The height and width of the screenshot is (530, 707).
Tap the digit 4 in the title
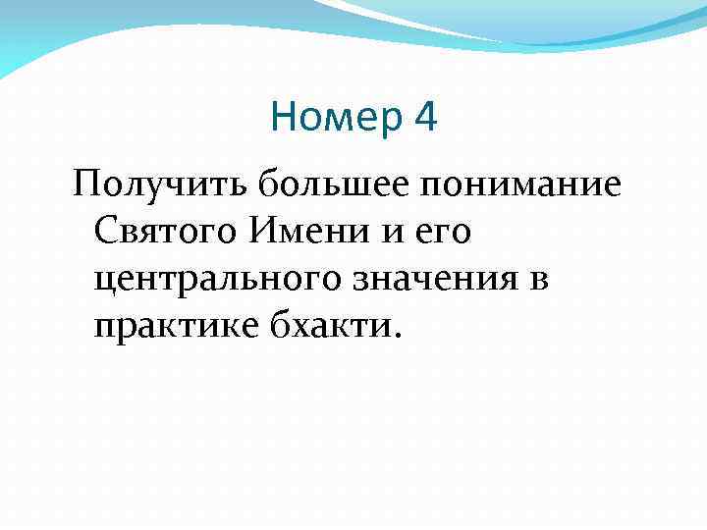tap(426, 119)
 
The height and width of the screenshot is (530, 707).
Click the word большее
tap(310, 184)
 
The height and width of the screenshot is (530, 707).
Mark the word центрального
tap(217, 280)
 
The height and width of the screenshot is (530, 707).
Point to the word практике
tap(174, 327)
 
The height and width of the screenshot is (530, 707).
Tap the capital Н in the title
tap(283, 119)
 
